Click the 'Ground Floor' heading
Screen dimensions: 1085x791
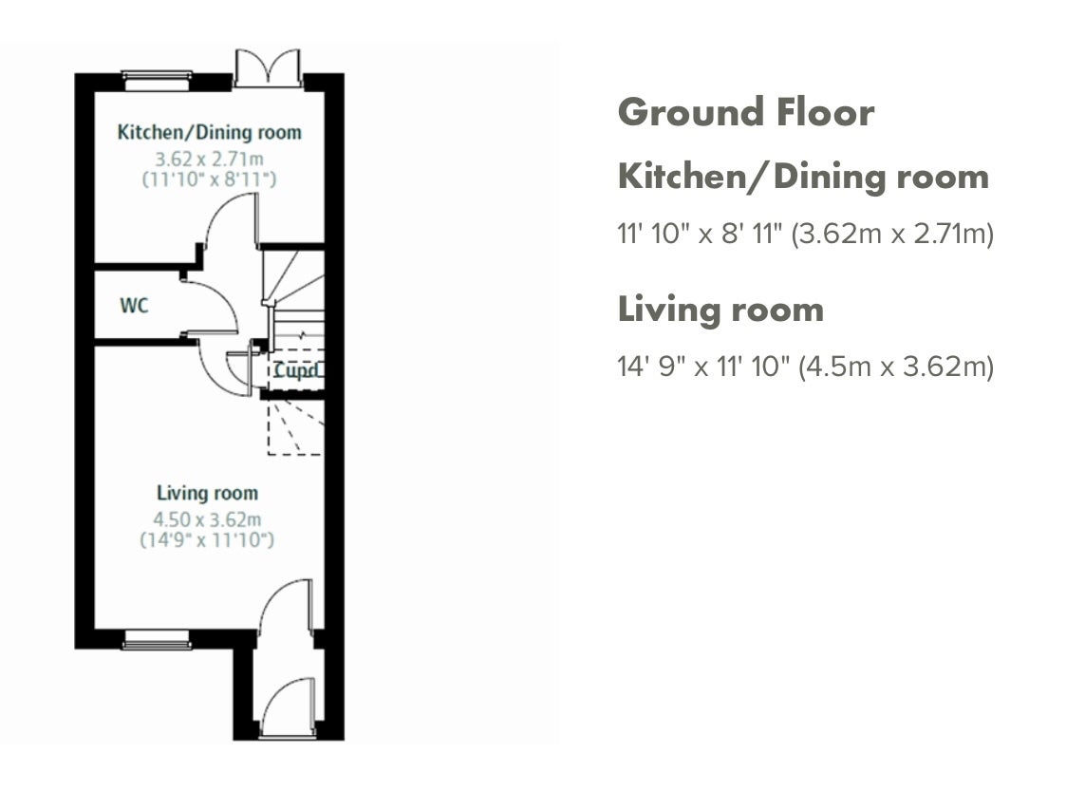[x=746, y=112]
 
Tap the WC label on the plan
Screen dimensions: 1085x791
[x=134, y=305]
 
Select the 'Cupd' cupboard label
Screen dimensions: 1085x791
[x=297, y=370]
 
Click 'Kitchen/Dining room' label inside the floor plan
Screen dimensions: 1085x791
[x=209, y=132]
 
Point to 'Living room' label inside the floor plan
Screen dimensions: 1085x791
[x=207, y=493]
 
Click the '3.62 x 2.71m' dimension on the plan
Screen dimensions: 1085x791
[x=209, y=159]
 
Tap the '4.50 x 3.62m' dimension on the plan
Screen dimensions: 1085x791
[x=207, y=519]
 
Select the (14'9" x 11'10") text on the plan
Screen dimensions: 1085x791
[x=207, y=539]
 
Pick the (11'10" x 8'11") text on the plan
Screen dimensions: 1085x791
[x=209, y=179]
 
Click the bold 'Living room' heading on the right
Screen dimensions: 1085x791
[x=720, y=310]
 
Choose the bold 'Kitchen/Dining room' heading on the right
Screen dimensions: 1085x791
[x=803, y=177]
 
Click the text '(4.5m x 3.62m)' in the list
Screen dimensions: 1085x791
[x=895, y=367]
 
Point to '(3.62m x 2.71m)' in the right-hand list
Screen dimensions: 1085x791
[x=892, y=234]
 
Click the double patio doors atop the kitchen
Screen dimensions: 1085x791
[x=268, y=68]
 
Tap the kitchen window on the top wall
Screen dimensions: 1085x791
[x=157, y=81]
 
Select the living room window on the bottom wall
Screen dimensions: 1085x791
[x=157, y=639]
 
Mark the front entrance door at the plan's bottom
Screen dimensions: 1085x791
[x=289, y=706]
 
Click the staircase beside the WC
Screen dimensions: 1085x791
[x=294, y=294]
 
